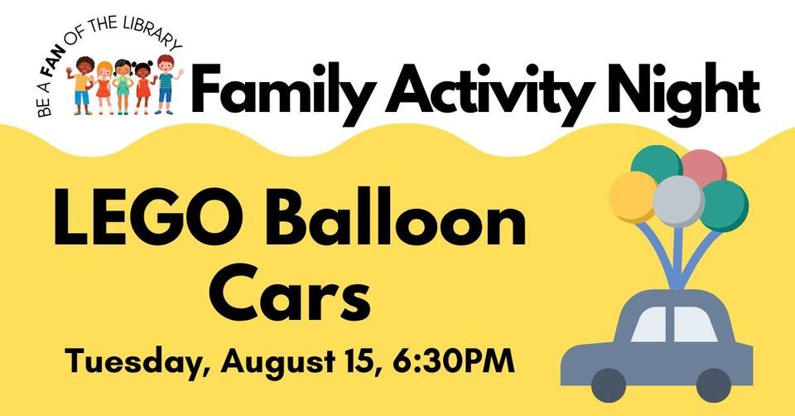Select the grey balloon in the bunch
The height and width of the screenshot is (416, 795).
(x=677, y=200)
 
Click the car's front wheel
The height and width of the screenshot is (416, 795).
(x=713, y=384)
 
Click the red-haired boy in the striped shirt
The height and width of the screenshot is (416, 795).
(x=166, y=83)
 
